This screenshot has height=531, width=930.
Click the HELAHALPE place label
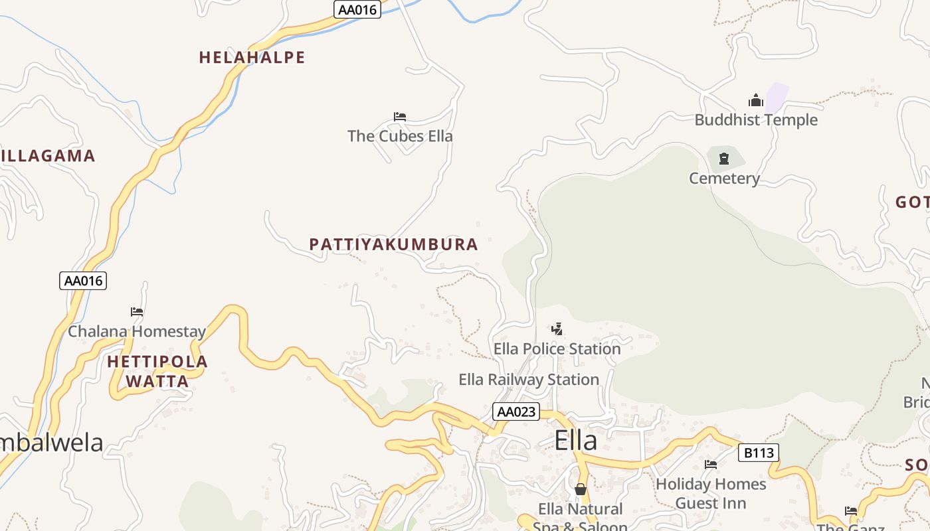252,58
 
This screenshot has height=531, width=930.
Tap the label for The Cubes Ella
400,136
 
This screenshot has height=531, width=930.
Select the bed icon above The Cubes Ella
400,117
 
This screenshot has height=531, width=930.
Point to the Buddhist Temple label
756,120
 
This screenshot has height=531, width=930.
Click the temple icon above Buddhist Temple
756,101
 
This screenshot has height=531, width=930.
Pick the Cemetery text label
724,179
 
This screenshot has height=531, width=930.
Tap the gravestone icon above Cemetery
724,159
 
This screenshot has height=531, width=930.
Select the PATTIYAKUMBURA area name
393,244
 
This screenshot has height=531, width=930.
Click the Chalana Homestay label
137,331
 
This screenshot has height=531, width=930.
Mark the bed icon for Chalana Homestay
137,311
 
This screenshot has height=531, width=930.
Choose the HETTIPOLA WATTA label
157,372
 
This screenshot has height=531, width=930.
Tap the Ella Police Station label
557,348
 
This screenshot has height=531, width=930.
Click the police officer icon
557,329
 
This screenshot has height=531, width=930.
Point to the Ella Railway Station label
529,380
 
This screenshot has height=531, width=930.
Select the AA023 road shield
516,412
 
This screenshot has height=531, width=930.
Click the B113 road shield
758,453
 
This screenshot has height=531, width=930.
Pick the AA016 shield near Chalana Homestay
83,281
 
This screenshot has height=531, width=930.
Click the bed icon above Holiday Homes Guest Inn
711,465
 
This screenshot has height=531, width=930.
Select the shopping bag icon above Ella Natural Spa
581,489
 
